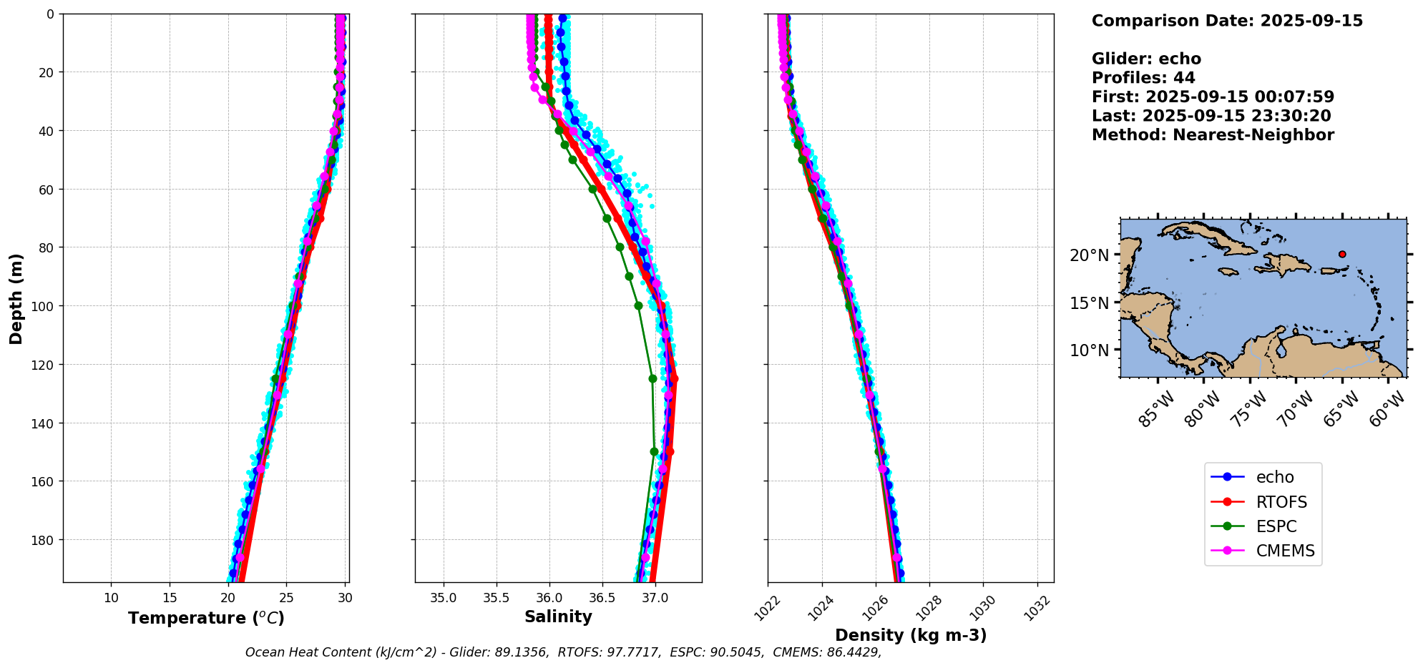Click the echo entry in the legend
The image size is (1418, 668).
click(x=1275, y=477)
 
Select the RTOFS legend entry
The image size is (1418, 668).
click(x=1281, y=502)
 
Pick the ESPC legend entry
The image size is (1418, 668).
click(x=1276, y=526)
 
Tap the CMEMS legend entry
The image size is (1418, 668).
click(x=1285, y=551)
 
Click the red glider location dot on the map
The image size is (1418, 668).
click(x=1342, y=254)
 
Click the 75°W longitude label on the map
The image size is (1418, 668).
click(x=1250, y=410)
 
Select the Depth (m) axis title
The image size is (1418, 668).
click(x=16, y=298)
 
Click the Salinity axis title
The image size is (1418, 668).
click(x=558, y=617)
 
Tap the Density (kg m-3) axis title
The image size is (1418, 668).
click(x=911, y=635)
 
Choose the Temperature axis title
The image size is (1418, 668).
click(x=206, y=618)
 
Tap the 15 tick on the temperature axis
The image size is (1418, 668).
click(x=170, y=598)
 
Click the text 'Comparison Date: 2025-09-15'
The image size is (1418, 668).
click(x=1227, y=21)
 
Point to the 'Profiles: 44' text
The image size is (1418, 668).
click(x=1143, y=78)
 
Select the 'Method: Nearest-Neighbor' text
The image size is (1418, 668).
click(x=1213, y=135)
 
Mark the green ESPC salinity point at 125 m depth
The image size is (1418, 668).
click(x=652, y=378)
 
